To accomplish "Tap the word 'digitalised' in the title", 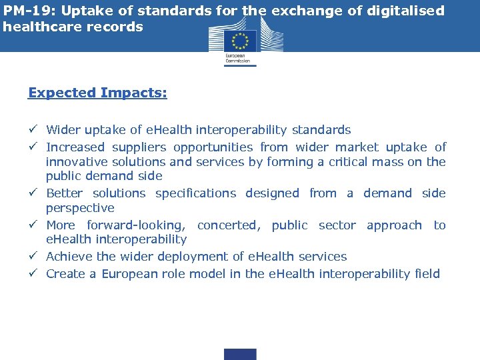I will point(407,11).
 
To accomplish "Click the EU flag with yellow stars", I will point(240,41).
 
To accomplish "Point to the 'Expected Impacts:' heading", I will point(97,93).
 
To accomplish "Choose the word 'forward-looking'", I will point(136,225).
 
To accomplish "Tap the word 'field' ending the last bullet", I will point(427,273).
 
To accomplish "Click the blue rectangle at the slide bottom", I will point(240,354).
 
